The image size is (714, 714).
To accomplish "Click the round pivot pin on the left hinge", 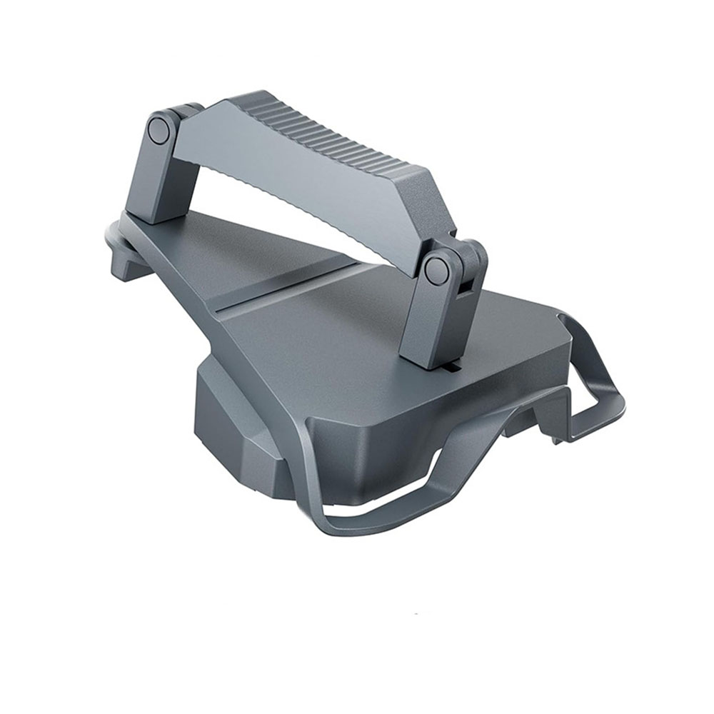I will (x=159, y=131).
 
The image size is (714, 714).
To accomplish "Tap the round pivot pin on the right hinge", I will (x=436, y=271).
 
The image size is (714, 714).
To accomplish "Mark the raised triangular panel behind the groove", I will (x=236, y=250).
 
